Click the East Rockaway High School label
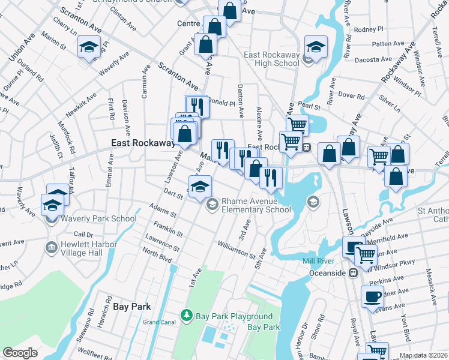click(x=271, y=59)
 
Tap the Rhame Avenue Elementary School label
click(x=256, y=205)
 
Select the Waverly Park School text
click(x=98, y=218)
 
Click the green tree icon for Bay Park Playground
click(x=187, y=316)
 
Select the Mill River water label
click(x=318, y=262)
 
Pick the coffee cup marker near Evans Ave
click(x=372, y=296)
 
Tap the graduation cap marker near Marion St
click(x=89, y=47)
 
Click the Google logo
click(x=20, y=353)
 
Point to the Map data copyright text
click(x=423, y=355)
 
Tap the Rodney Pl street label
click(x=369, y=29)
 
